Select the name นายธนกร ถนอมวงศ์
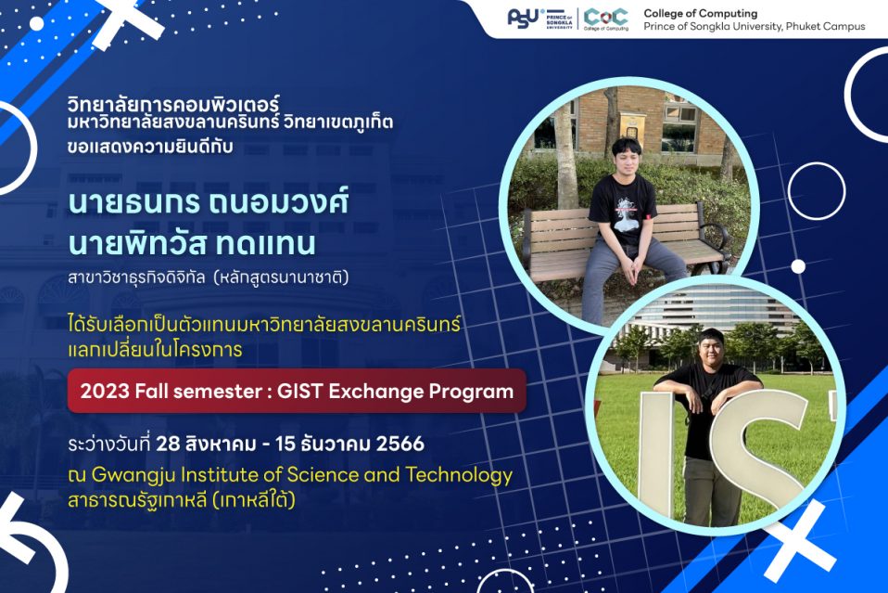(x=209, y=203)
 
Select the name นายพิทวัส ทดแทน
(x=192, y=243)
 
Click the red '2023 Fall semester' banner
(x=297, y=391)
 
